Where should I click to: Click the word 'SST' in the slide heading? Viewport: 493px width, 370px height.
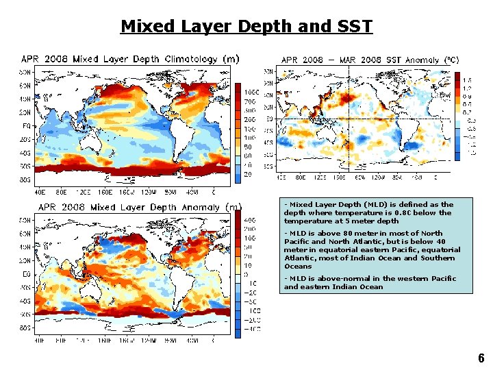pos(355,27)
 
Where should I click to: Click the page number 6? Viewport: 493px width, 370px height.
pos(481,358)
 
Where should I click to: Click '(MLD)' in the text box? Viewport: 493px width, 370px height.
pos(353,204)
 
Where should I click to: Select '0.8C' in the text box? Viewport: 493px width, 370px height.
pos(405,212)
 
